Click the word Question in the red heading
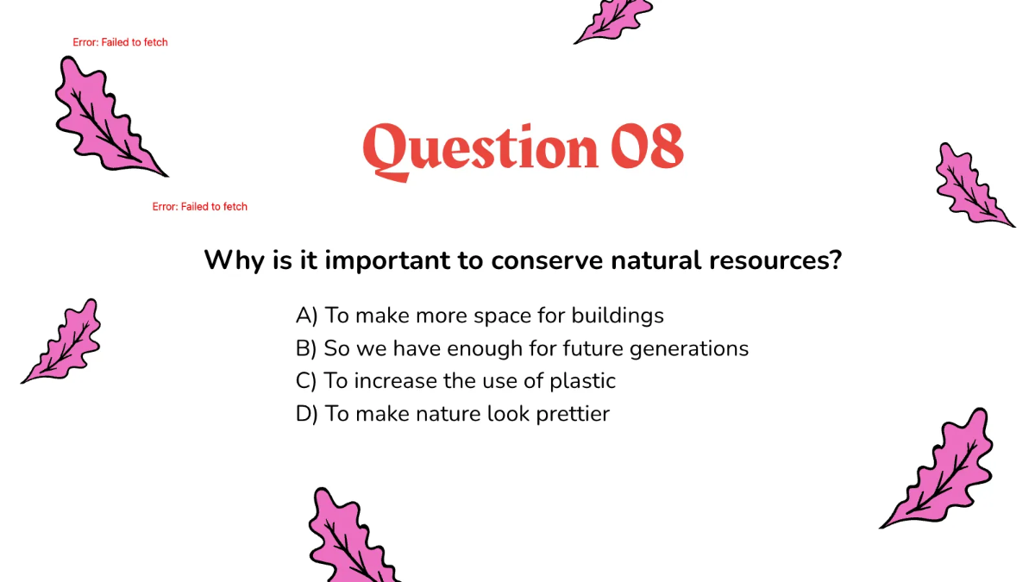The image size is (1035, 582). (x=480, y=148)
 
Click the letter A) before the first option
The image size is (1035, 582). (x=307, y=316)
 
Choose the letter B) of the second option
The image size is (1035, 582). (x=306, y=348)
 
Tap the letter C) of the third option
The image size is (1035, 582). (x=306, y=381)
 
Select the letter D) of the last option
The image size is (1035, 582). (x=307, y=414)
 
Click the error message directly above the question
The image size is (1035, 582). (x=200, y=207)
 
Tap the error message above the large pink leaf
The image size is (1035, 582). (x=120, y=42)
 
